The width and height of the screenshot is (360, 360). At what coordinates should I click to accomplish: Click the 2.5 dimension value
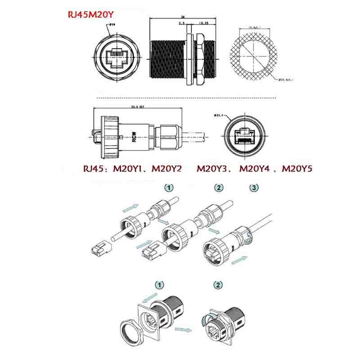point(181,22)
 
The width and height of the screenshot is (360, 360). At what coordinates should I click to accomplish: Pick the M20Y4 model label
point(256,169)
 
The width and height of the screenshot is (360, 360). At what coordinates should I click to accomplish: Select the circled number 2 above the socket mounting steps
point(218,285)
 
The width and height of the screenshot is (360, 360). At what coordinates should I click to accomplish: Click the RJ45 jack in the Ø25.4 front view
point(243,135)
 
